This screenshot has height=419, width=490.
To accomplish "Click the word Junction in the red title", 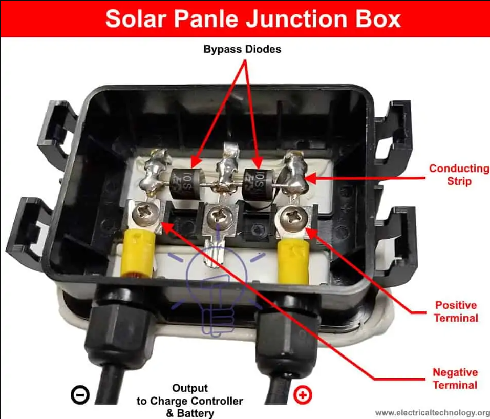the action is [x=297, y=19].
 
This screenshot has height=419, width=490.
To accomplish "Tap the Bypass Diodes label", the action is [x=242, y=49].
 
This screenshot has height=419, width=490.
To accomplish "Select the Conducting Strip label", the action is [x=459, y=175].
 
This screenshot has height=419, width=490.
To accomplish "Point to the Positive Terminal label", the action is [x=456, y=311].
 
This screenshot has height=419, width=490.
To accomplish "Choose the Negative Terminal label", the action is [x=455, y=379].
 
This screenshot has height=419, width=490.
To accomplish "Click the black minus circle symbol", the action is [x=80, y=395].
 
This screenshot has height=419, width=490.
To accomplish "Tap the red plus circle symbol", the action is [x=303, y=395].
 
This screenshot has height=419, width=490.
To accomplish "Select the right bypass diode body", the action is [x=259, y=185].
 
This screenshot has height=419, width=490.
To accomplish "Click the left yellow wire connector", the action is [x=139, y=253].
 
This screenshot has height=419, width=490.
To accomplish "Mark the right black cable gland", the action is [x=288, y=338].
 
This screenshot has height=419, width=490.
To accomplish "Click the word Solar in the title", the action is [x=136, y=19].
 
